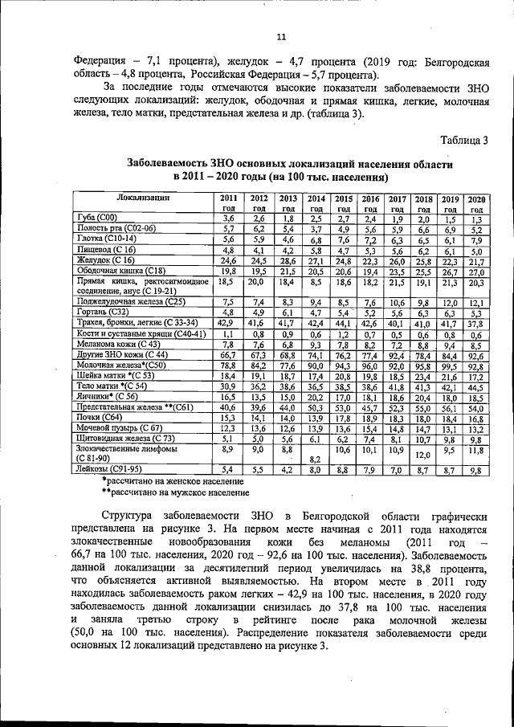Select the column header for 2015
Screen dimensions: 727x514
click(x=343, y=202)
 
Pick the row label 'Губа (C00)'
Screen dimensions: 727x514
click(x=96, y=218)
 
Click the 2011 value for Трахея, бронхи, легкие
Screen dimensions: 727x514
click(x=227, y=323)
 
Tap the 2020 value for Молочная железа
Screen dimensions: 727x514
click(x=476, y=366)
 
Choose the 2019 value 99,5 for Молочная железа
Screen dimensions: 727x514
click(x=450, y=366)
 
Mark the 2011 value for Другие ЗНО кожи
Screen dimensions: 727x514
click(x=227, y=354)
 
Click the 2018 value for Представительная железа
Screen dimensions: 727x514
click(x=424, y=407)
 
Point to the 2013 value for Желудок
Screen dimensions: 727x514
click(x=287, y=260)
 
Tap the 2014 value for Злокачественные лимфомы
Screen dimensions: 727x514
click(x=316, y=458)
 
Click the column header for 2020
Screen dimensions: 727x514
click(x=476, y=202)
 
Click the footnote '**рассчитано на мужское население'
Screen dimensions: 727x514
click(x=175, y=492)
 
